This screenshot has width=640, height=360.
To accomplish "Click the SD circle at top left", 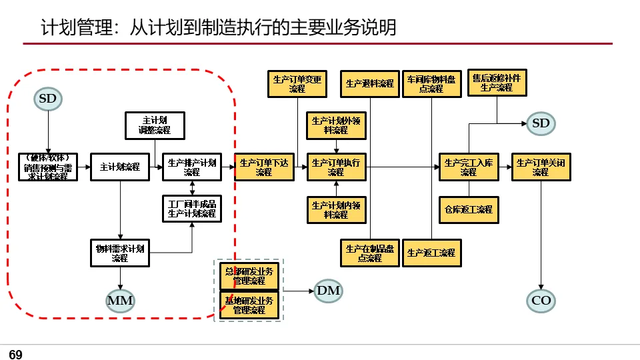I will (48, 99).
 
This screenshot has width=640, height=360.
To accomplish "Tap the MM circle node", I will (120, 301).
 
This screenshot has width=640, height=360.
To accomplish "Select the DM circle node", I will (328, 291).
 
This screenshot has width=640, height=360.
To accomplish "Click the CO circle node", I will (541, 301).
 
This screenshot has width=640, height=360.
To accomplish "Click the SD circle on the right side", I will (541, 123).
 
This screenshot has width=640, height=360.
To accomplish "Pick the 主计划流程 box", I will (120, 167).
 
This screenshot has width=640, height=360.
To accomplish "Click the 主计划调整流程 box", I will (155, 125).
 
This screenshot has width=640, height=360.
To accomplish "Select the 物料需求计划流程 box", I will (120, 253).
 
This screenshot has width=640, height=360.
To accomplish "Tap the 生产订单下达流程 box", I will (264, 167).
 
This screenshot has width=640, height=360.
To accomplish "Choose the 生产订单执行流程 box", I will (336, 167).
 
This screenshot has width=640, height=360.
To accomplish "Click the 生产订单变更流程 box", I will (297, 83).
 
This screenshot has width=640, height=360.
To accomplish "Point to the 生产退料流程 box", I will (370, 84).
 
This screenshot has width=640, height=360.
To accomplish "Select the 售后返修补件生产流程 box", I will (497, 83).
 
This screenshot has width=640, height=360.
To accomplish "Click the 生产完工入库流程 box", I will (469, 167).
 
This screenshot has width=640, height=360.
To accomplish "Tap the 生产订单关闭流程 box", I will (541, 167).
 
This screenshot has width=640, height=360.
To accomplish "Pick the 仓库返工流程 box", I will (469, 209).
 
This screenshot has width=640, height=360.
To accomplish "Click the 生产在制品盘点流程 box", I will (370, 253).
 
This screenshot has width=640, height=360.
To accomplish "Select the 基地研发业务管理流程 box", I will (249, 305).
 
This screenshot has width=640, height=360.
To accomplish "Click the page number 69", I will (15, 355).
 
